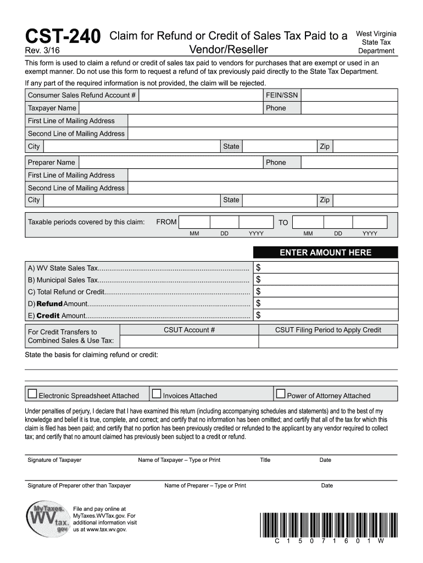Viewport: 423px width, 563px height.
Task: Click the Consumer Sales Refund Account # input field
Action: click(x=201, y=95)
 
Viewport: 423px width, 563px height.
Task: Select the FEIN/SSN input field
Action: click(x=349, y=95)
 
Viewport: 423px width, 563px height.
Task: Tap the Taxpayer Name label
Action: click(x=52, y=108)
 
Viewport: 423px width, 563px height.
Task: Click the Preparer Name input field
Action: click(x=170, y=162)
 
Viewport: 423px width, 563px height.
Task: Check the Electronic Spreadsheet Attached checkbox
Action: click(x=32, y=394)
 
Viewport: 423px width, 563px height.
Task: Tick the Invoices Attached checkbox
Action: click(x=157, y=394)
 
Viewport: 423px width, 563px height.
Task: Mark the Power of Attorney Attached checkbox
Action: click(x=281, y=394)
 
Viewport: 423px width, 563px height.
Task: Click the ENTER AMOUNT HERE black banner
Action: click(x=325, y=253)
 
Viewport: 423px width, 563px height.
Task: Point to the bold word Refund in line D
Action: click(x=49, y=304)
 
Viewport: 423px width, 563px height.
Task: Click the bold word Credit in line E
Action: click(x=48, y=316)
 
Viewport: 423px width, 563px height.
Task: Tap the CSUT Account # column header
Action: click(x=189, y=330)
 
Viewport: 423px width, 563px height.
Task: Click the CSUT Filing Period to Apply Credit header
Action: click(x=328, y=330)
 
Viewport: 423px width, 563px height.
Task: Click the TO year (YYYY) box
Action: click(x=370, y=222)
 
